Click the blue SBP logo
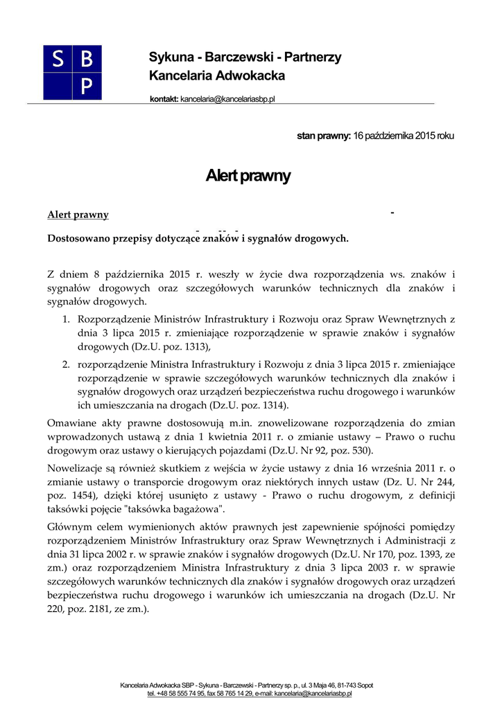(x=72, y=72)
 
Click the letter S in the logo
(x=58, y=60)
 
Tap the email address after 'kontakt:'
(x=228, y=99)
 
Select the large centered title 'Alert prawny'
(x=248, y=176)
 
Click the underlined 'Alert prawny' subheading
(x=78, y=215)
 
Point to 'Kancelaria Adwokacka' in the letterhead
(x=216, y=75)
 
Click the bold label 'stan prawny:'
(x=324, y=136)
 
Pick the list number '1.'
(x=67, y=320)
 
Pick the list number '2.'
(x=67, y=364)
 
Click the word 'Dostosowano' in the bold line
(x=78, y=239)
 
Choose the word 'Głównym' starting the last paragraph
(x=67, y=526)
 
